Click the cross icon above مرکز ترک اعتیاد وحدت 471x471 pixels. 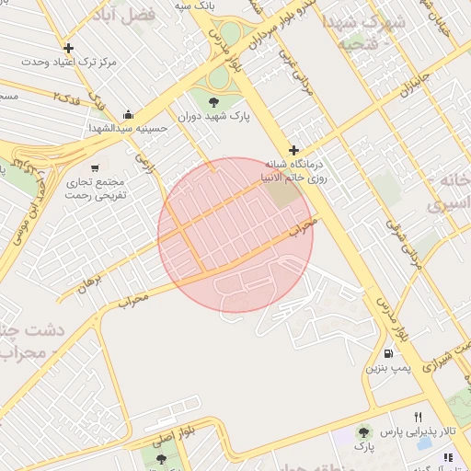click(68, 48)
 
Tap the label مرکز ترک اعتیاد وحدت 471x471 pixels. click(69, 62)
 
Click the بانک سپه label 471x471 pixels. click(196, 5)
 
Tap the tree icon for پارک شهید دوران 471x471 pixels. click(213, 101)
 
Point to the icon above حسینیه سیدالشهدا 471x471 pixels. click(127, 115)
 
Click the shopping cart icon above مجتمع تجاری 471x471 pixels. click(95, 167)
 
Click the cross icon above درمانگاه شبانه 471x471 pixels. click(293, 150)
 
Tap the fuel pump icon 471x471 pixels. click(387, 354)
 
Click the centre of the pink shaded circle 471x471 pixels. click(235, 235)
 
